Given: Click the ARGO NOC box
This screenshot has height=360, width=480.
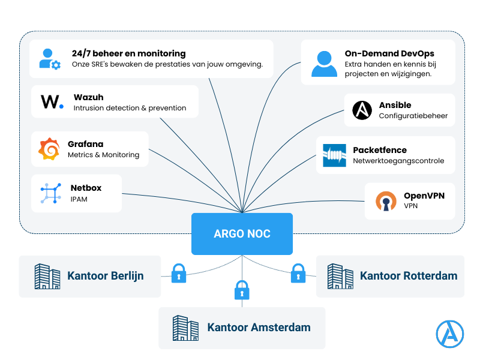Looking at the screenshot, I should [242, 233].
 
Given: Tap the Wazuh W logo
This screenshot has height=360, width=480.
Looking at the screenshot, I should [52, 101].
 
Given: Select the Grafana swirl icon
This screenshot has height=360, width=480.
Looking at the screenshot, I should [49, 149].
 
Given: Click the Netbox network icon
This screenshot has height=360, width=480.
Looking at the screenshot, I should [51, 193].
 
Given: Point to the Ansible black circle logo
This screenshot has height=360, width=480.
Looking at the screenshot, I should [362, 110].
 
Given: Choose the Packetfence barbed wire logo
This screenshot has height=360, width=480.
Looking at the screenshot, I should [334, 155].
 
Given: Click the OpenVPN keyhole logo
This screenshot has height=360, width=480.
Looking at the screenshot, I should [386, 202].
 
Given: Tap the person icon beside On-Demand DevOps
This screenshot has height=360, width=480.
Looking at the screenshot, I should [323, 63].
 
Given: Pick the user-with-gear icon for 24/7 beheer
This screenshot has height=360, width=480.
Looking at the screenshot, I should [49, 59].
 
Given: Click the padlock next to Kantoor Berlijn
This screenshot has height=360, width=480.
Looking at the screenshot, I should [179, 274].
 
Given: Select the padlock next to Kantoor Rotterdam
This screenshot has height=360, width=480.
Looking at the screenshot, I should [298, 274].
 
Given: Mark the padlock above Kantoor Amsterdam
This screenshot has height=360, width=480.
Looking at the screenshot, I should [241, 290].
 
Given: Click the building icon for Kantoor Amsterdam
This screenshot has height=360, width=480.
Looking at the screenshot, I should [185, 328].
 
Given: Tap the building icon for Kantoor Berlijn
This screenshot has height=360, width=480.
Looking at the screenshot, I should [47, 276].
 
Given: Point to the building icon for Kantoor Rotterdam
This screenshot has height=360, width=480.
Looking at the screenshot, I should [340, 276].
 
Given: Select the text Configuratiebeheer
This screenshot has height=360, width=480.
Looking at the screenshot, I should [413, 116].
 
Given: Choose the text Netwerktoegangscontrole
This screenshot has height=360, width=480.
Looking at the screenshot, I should [398, 161].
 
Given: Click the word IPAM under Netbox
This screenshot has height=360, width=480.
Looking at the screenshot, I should [79, 199].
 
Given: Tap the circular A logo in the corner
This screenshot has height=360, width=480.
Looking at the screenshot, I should [450, 334].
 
